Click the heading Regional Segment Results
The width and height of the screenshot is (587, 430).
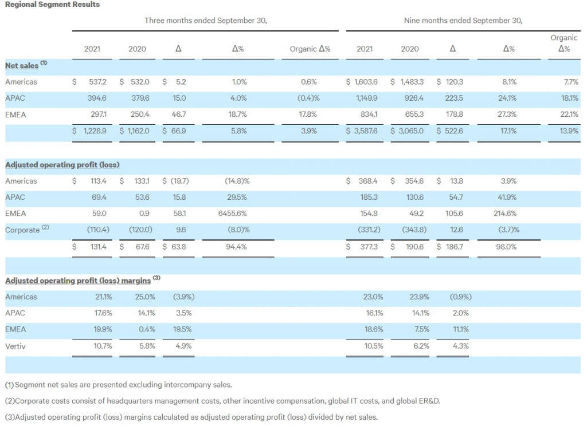click(52, 5)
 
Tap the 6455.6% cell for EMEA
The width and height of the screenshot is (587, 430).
click(233, 214)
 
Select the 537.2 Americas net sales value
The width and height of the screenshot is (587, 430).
click(97, 82)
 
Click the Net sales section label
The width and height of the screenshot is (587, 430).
click(22, 65)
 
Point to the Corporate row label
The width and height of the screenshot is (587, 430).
click(22, 230)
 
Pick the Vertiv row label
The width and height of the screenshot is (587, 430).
click(15, 346)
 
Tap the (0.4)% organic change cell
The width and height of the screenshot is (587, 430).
click(308, 98)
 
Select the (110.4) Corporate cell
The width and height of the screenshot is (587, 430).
click(98, 230)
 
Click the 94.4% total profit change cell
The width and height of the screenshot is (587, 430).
click(236, 247)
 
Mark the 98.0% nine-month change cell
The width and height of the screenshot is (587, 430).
click(506, 247)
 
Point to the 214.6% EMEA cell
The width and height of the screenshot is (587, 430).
click(505, 214)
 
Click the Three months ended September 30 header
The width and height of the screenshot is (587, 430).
click(206, 21)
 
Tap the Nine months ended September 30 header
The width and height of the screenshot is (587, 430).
click(463, 21)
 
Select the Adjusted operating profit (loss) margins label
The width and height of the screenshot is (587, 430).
click(78, 281)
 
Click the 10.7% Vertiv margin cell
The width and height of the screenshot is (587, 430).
click(103, 346)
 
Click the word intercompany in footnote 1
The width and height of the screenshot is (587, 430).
click(187, 385)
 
